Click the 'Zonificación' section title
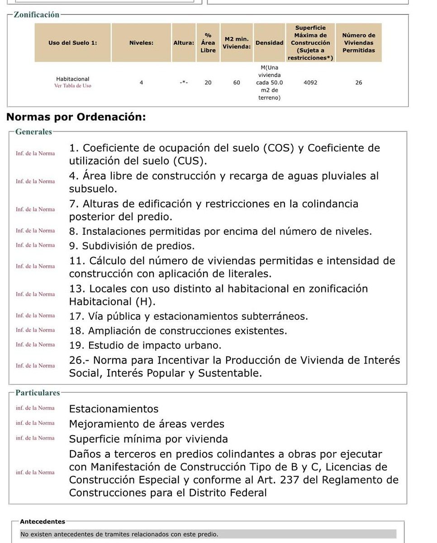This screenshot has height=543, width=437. pyautogui.click(x=37, y=14)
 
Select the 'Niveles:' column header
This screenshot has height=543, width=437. pyautogui.click(x=141, y=43)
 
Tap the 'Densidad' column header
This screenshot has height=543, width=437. pyautogui.click(x=270, y=43)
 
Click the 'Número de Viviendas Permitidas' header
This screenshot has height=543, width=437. pyautogui.click(x=359, y=43)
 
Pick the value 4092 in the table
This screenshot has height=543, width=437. pyautogui.click(x=311, y=83)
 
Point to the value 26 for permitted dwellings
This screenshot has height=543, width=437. pyautogui.click(x=359, y=83)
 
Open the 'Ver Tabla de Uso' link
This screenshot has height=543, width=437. pyautogui.click(x=72, y=86)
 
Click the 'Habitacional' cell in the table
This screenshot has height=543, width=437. pyautogui.click(x=72, y=79)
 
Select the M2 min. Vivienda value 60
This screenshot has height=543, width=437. pyautogui.click(x=237, y=83)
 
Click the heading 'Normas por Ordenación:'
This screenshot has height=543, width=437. pyautogui.click(x=76, y=117)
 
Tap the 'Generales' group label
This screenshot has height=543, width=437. pyautogui.click(x=33, y=132)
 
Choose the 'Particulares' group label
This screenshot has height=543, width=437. pyautogui.click(x=38, y=393)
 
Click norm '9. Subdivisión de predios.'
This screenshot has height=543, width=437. pyautogui.click(x=132, y=246)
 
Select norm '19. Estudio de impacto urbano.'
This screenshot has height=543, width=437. pyautogui.click(x=145, y=345)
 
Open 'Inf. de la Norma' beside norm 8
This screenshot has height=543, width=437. pyautogui.click(x=35, y=231)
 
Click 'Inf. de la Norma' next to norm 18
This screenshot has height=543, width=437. pyautogui.click(x=35, y=330)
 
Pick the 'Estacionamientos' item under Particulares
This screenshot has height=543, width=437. pyautogui.click(x=114, y=409)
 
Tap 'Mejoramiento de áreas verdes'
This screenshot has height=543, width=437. pyautogui.click(x=147, y=424)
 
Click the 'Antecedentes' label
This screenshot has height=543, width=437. pyautogui.click(x=43, y=522)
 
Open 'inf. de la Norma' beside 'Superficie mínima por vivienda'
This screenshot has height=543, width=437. pyautogui.click(x=35, y=438)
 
